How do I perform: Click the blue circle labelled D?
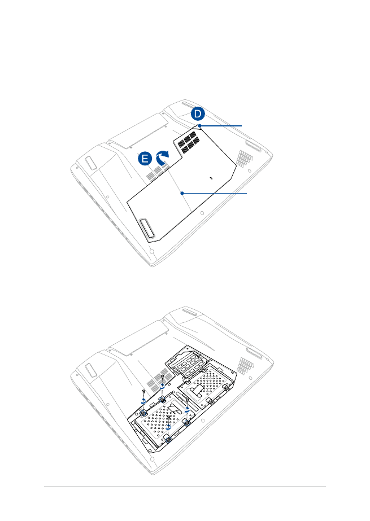pos(198,114)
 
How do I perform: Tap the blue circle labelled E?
pos(145,160)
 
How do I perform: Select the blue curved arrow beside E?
pos(163,159)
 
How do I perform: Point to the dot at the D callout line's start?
pos(199,125)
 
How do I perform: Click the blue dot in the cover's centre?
pos(182,192)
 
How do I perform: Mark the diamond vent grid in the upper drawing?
pos(243,159)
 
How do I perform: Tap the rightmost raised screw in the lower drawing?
pos(187,399)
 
